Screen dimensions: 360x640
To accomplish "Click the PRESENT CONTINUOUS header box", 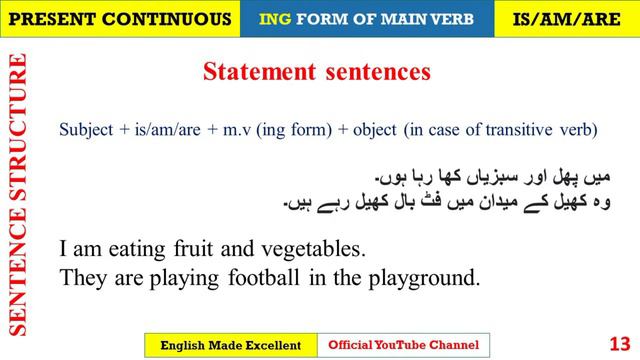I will pyautogui.click(x=120, y=18).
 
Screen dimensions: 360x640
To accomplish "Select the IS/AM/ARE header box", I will pyautogui.click(x=566, y=18).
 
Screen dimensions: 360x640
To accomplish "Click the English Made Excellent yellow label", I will pyautogui.click(x=231, y=345).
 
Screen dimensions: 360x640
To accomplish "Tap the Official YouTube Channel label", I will pyautogui.click(x=404, y=345).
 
